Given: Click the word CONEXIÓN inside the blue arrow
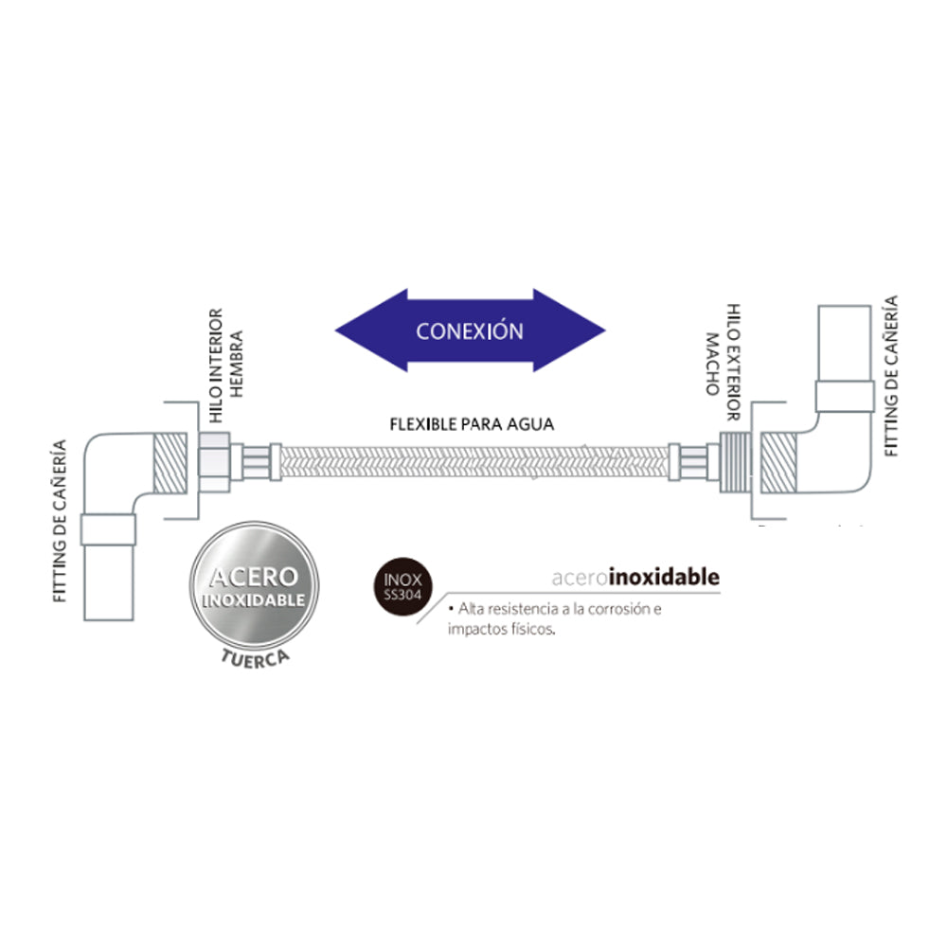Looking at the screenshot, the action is [470, 331].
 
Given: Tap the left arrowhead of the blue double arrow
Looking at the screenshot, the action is [369, 331].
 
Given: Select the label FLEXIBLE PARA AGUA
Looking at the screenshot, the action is [472, 424].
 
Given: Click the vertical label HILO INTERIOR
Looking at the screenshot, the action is [216, 366].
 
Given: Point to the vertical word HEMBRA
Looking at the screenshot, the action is [236, 364].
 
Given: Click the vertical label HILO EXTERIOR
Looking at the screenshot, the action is [733, 363].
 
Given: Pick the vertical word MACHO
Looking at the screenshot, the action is [713, 365].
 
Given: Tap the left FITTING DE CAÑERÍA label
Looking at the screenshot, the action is [59, 521].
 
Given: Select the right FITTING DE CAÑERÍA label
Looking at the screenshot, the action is [891, 376].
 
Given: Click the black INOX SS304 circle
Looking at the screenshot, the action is [402, 586].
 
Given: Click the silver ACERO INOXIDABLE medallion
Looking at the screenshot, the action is [254, 585].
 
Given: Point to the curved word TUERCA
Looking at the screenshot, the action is [255, 658].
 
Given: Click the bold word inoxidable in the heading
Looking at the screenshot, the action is [665, 577].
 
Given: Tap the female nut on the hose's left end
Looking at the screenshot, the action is [215, 462].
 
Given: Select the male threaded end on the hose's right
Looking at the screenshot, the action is [736, 462].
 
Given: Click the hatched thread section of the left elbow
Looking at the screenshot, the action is [170, 463].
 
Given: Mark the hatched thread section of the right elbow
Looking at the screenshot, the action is [779, 463].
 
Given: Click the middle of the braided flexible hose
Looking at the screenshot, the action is [474, 462].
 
